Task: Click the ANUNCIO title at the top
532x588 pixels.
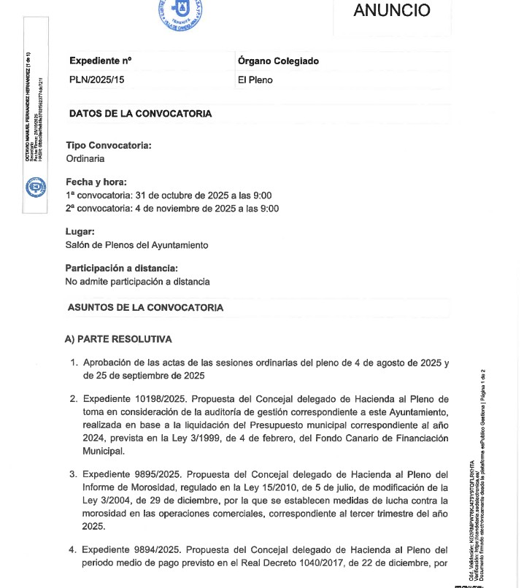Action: (x=391, y=10)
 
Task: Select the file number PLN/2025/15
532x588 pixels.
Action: (x=97, y=80)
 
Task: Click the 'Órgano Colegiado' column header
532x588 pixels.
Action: (x=278, y=61)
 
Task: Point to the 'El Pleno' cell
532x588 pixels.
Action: (x=255, y=80)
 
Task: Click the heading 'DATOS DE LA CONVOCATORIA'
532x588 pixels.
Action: (x=140, y=114)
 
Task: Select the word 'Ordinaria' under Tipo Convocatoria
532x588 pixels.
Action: (x=85, y=158)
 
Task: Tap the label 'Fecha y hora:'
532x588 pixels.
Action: (x=96, y=182)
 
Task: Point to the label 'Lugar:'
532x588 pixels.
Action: (x=80, y=231)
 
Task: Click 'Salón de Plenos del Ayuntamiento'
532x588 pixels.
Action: (x=137, y=245)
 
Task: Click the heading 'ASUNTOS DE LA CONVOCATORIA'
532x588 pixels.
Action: (x=145, y=308)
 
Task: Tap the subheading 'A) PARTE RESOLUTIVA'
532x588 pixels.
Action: (x=119, y=339)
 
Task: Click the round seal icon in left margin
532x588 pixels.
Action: (x=34, y=189)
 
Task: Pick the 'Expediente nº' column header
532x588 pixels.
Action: (x=100, y=61)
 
